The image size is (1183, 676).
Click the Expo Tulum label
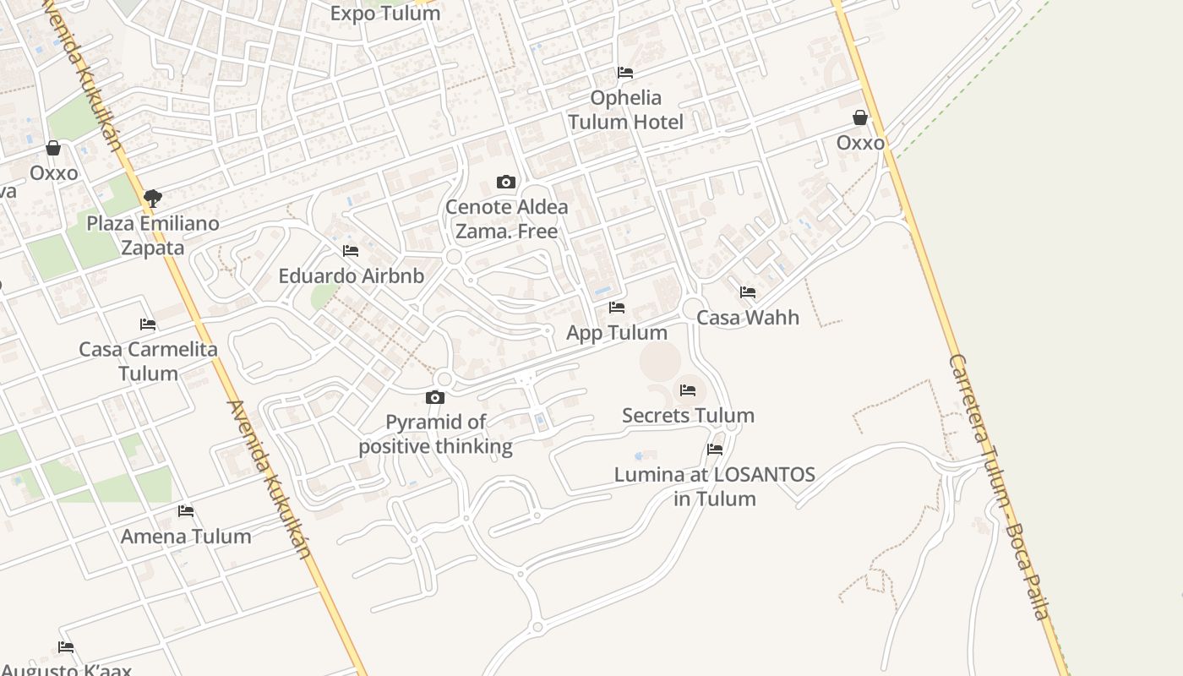385,14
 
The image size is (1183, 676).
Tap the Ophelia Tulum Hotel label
625,110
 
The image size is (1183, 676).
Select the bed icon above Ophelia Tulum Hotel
625,73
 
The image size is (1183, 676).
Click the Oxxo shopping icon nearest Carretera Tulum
860,117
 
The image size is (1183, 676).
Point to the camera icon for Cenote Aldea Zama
506,182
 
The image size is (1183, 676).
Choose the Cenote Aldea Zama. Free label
507,219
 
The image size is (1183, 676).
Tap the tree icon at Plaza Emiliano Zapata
153,199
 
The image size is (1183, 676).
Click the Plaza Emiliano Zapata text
153,236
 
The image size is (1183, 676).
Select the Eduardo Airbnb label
352,276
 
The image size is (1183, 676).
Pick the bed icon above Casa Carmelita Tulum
148,324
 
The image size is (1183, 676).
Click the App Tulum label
617,333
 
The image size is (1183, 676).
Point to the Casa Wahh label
748,318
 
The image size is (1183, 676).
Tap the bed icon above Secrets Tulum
688,390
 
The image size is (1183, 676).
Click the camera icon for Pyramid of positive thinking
435,397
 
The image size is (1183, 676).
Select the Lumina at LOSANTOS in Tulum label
715,487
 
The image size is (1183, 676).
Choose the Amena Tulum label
186,537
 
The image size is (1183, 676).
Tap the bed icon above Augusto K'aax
66,647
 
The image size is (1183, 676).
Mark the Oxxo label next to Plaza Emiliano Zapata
54,173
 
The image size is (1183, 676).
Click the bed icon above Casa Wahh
748,292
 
